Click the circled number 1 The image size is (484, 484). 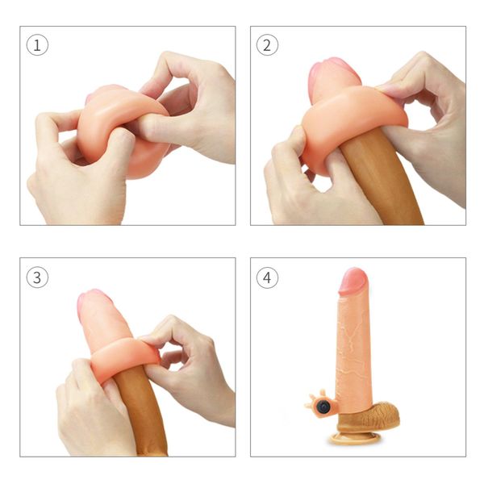click(x=37, y=45)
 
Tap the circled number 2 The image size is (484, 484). click(x=267, y=45)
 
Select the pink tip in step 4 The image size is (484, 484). click(x=353, y=282)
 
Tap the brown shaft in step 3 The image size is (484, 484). click(x=149, y=419)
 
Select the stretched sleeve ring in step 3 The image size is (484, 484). click(x=121, y=361)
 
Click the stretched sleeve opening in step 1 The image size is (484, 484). click(x=121, y=129)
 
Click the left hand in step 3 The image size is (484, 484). click(x=89, y=411)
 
